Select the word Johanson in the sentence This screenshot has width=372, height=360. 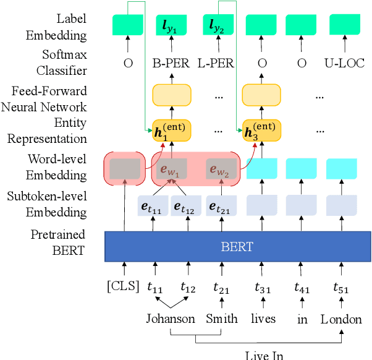[171, 319]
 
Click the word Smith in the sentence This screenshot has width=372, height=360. [221, 319]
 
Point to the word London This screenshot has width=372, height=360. [340, 319]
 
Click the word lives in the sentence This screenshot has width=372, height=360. [264, 319]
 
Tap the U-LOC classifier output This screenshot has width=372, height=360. [344, 62]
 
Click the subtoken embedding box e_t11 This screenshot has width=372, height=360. [153, 205]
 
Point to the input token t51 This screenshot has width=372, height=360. [340, 286]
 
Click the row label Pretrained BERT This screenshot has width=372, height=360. [59, 242]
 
